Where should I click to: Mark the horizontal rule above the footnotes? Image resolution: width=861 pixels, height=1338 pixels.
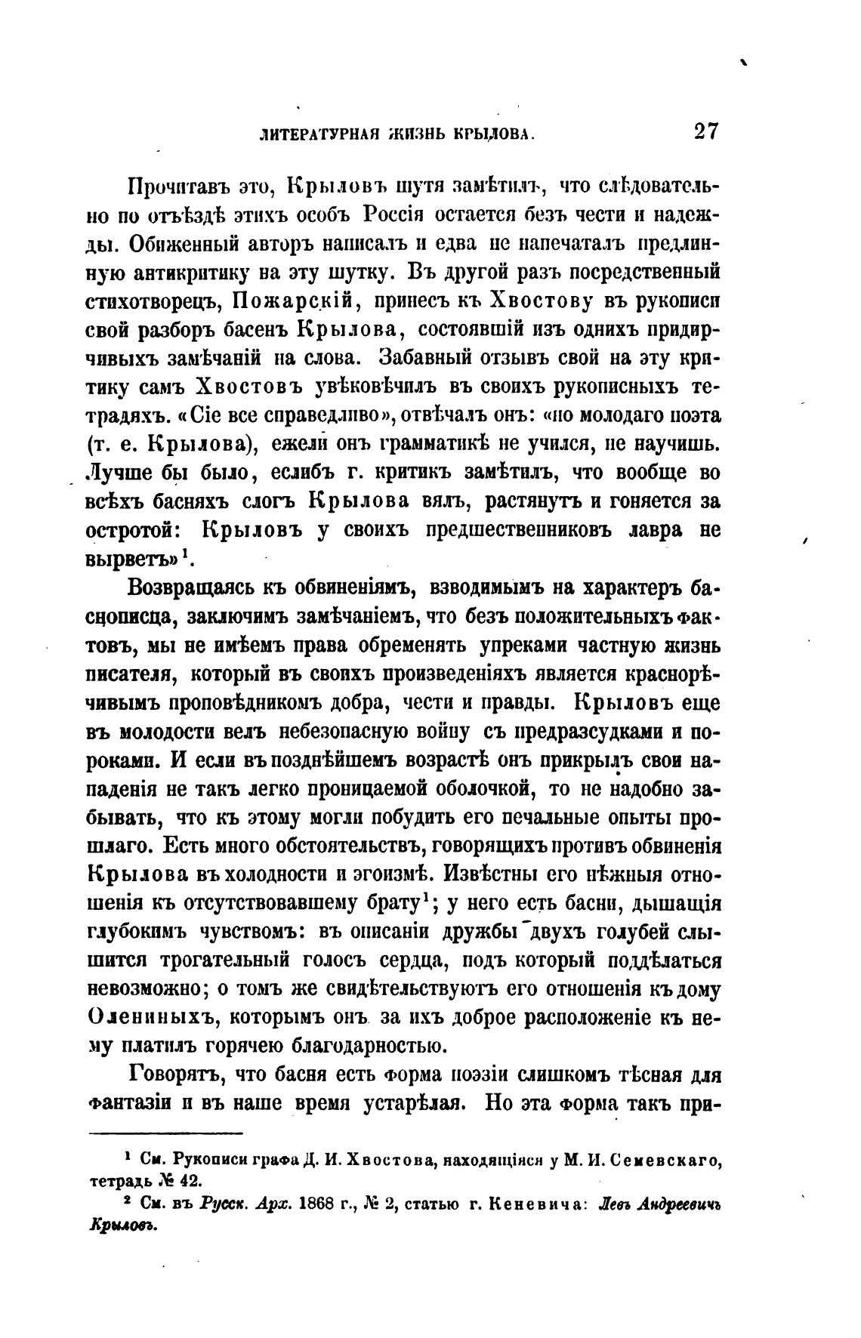coord(166,1133)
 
